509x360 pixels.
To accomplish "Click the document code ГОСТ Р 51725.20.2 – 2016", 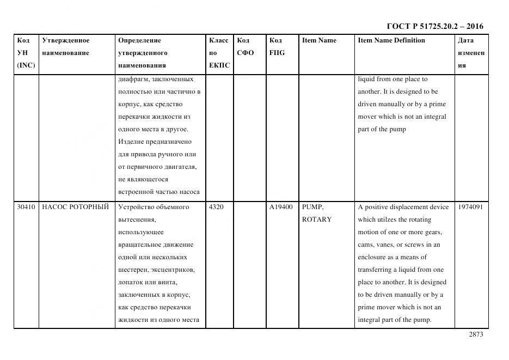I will [x=434, y=26].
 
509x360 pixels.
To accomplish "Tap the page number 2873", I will [x=475, y=334].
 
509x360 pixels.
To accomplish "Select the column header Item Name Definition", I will [x=391, y=40].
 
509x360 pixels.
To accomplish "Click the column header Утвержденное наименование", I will [x=66, y=46].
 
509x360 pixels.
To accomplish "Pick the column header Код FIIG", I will [x=277, y=46].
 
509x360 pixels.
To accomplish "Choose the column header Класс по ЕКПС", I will [x=219, y=53].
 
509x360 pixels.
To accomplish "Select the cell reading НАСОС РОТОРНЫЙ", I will [x=75, y=207].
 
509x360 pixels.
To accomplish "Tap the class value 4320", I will [x=216, y=207].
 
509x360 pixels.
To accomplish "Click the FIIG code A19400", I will [x=281, y=207].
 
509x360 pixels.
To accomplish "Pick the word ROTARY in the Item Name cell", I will [x=316, y=219].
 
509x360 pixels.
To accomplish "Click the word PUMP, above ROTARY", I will [x=312, y=207].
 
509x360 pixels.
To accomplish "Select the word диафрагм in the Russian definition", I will [x=132, y=79].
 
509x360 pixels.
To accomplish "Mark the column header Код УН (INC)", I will [x=26, y=53].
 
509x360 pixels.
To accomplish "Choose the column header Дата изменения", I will [x=471, y=53].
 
